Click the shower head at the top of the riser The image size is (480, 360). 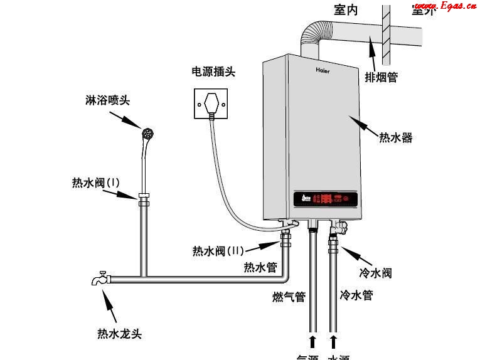148,134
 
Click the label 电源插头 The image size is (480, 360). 213,72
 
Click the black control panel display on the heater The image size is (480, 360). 326,199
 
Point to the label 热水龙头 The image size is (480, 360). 119,333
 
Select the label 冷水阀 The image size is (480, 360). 376,273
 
